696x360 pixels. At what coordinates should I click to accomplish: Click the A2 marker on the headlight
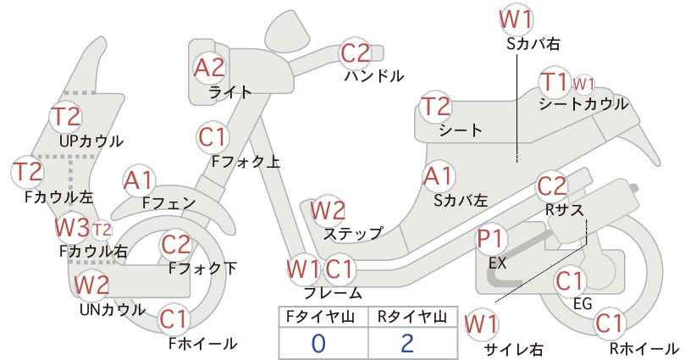tap(209, 69)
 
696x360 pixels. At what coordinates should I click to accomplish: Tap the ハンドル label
tap(374, 76)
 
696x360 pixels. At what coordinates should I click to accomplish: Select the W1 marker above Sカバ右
tap(516, 19)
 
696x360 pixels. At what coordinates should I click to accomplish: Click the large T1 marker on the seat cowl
tap(555, 82)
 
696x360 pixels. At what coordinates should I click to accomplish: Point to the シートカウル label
tap(583, 104)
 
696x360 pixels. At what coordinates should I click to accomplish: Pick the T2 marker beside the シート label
tap(436, 107)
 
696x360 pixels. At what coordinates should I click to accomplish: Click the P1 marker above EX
tap(491, 239)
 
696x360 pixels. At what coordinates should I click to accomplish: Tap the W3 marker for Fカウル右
tap(72, 227)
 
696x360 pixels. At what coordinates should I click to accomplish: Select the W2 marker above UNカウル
tap(91, 285)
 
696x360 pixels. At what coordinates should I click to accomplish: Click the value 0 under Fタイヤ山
tap(318, 344)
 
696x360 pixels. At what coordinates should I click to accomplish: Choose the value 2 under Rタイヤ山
tap(407, 343)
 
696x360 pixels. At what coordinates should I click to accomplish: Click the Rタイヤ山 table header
tap(412, 317)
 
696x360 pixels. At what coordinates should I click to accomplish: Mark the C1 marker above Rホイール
tap(610, 324)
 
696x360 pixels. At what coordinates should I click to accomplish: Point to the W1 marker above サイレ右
tap(482, 324)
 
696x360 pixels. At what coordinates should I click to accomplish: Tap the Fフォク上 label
tap(246, 161)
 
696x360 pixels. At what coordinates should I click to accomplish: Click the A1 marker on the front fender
tap(139, 181)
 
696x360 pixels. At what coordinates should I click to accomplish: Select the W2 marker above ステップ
tap(328, 210)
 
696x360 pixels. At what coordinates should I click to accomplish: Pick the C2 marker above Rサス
tap(552, 186)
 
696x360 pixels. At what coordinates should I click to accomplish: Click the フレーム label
tap(333, 293)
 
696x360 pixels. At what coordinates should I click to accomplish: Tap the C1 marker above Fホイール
tap(174, 319)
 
